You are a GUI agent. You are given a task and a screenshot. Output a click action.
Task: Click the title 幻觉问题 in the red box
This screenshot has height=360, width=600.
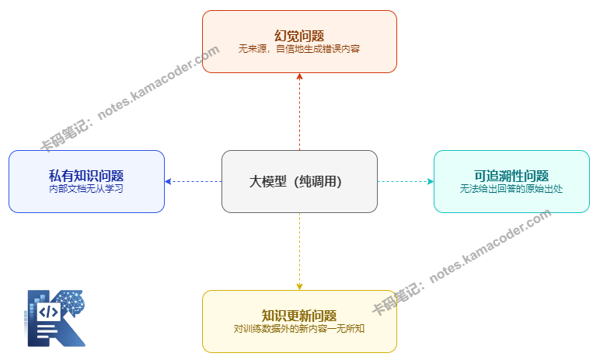[299, 35]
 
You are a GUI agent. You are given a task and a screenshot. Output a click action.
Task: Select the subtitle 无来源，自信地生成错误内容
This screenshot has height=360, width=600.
[299, 48]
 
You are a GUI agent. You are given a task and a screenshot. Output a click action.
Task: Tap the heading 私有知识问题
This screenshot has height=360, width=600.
[86, 176]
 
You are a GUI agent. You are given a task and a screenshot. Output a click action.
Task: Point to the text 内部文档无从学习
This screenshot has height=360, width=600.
[86, 188]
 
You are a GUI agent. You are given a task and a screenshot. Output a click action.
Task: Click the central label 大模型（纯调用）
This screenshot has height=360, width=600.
[299, 181]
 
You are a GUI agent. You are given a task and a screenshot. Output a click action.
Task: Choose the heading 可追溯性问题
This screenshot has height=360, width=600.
[511, 176]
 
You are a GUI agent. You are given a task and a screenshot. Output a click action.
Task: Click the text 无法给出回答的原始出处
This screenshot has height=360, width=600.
[511, 188]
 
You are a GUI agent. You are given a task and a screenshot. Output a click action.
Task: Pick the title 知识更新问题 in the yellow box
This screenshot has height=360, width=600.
[299, 316]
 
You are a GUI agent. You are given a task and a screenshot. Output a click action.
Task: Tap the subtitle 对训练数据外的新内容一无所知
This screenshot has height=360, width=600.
[299, 328]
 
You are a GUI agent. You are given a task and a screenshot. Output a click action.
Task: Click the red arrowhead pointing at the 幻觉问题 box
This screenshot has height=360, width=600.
[299, 77]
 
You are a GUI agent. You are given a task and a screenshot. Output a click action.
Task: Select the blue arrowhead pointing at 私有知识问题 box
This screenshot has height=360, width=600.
[168, 181]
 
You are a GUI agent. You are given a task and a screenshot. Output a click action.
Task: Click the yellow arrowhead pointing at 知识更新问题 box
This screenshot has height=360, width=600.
[299, 286]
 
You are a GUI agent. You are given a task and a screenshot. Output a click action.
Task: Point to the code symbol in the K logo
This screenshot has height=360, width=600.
[48, 312]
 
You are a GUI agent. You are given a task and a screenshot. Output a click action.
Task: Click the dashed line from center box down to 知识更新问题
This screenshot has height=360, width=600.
[299, 249]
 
